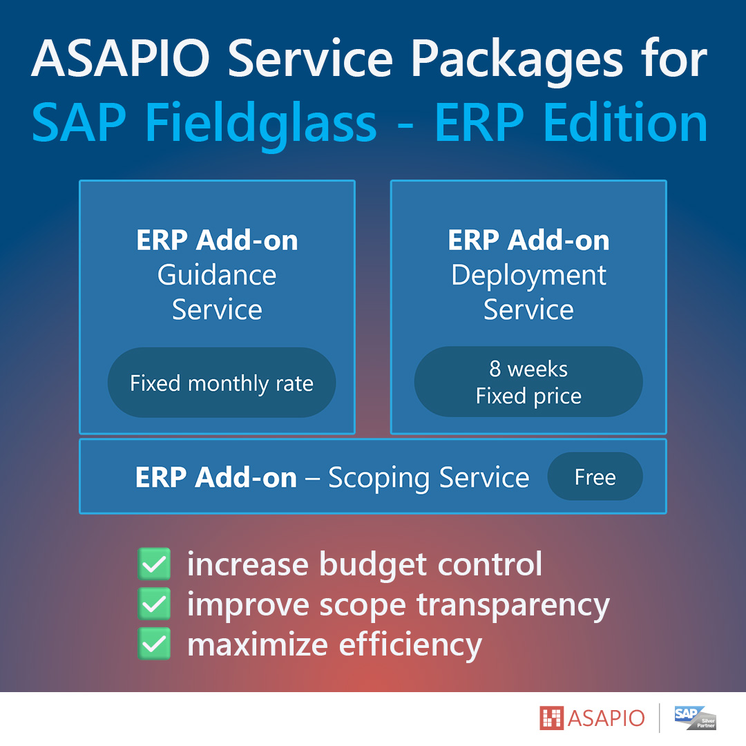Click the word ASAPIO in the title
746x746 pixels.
pos(120,58)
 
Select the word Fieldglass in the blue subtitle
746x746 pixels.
pos(261,125)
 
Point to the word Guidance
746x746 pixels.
pos(217,275)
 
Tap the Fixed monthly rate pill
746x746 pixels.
pos(222,383)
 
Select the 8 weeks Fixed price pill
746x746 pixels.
pos(528,381)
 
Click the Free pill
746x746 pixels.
pos(595,476)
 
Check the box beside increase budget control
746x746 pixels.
pos(154,564)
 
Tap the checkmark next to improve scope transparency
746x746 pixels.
pos(154,604)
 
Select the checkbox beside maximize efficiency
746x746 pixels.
pos(154,644)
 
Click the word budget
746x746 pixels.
pos(373,566)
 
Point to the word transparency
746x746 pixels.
pos(513,606)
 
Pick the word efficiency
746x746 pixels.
pos(410,646)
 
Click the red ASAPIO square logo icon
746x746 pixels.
pos(551,718)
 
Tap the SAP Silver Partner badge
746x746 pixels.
pos(695,718)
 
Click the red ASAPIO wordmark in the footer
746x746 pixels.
pos(606,718)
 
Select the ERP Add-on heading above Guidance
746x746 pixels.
pos(217,240)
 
